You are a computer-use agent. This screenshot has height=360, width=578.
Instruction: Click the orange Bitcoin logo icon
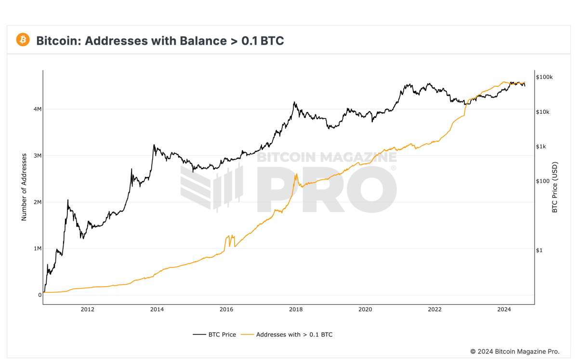23,40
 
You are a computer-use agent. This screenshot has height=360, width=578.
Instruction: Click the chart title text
160,40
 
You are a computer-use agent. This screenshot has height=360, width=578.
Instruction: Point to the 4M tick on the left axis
37,109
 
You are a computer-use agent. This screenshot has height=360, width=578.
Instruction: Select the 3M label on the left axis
37,156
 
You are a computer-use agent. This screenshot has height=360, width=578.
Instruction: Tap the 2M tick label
37,202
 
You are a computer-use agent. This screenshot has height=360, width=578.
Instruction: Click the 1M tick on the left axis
37,249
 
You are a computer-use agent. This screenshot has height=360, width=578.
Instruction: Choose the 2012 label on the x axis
87,309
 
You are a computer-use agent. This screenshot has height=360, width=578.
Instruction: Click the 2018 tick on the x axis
296,309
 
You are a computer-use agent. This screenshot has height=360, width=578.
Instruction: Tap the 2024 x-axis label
504,309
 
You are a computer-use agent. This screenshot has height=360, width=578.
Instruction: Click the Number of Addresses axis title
24,187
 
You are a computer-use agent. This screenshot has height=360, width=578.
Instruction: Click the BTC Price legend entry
214,334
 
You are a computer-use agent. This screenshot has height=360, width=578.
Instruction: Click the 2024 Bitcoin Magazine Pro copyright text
514,351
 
